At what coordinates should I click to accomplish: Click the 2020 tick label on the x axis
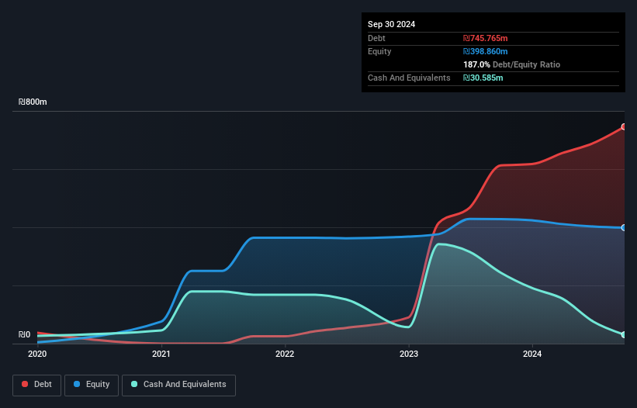37,354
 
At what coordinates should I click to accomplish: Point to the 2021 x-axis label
161,354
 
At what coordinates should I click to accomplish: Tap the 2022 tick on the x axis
285,354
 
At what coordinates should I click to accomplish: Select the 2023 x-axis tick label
409,354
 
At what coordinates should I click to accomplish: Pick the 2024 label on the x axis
532,354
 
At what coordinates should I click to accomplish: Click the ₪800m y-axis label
33,102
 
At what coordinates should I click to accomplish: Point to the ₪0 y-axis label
24,335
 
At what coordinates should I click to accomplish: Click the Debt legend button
36,385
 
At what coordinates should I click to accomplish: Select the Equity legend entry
92,385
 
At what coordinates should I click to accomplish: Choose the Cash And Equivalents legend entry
178,385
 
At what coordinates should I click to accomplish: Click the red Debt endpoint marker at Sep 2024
624,126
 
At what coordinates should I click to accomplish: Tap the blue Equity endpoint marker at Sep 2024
624,227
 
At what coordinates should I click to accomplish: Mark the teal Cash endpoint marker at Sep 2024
624,334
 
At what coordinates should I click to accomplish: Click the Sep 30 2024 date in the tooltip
391,24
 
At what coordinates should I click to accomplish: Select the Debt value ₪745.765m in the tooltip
485,38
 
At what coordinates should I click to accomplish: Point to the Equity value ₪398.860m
485,51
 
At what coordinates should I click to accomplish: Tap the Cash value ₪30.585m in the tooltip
483,78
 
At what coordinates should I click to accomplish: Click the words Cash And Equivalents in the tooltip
409,78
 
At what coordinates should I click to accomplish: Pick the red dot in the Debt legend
26,385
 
